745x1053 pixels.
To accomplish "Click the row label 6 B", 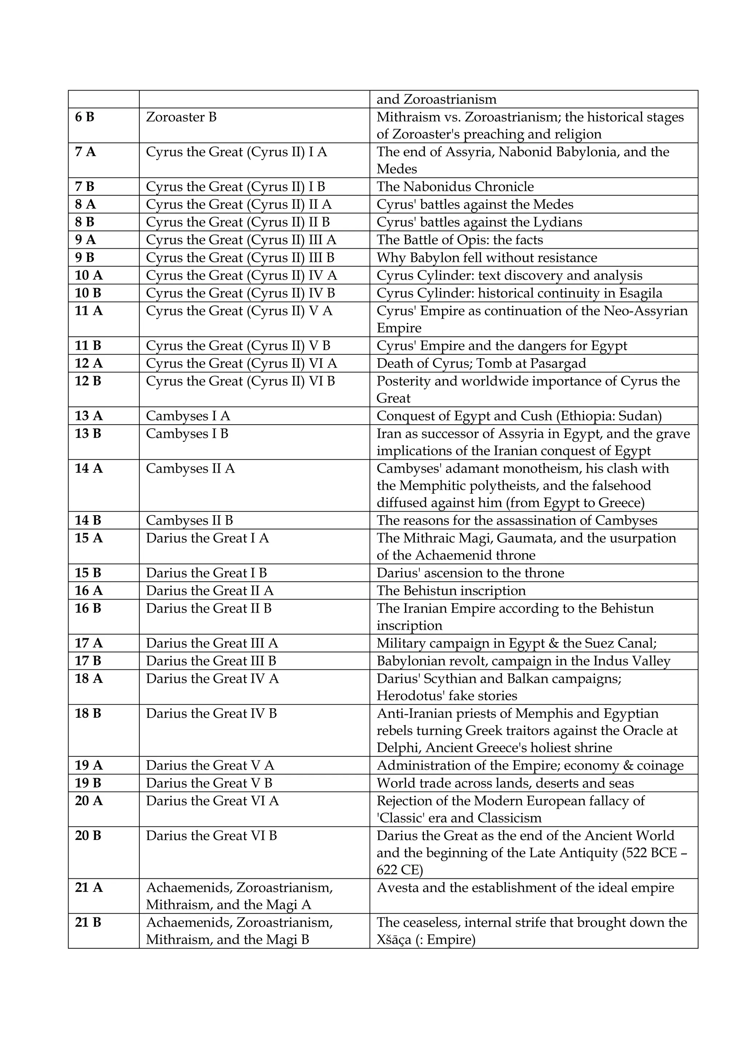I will [x=84, y=117].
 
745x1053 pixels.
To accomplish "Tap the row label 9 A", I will [x=85, y=240].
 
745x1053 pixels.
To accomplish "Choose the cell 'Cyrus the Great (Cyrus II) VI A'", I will [x=241, y=364].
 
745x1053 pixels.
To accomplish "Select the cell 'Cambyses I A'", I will [x=188, y=416].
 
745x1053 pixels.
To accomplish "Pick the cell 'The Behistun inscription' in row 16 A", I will [x=451, y=591].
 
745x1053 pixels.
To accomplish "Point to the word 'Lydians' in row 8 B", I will [x=557, y=223].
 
